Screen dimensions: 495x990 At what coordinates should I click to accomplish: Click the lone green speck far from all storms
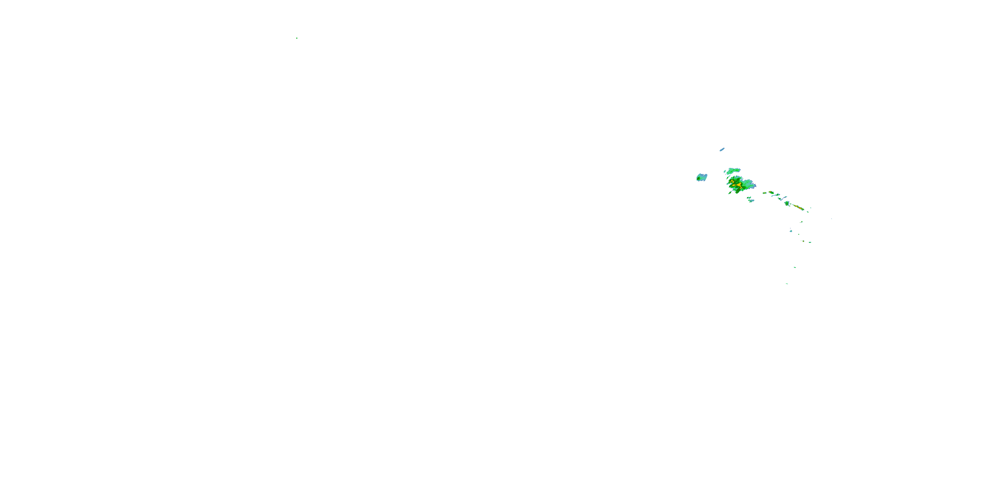coord(297,38)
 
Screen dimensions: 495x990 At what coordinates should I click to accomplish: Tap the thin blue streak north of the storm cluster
coord(722,149)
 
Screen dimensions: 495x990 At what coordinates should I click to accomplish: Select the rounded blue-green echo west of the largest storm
coord(702,177)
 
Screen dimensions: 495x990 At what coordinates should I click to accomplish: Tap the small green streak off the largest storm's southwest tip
coord(730,193)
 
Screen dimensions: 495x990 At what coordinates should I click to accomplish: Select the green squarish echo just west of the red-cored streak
coord(787,203)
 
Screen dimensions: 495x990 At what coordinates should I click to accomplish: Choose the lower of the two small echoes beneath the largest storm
coord(751,201)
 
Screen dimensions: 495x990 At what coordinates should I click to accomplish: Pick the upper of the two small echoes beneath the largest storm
coord(749,198)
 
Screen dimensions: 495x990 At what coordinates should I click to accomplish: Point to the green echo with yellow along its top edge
coord(771,192)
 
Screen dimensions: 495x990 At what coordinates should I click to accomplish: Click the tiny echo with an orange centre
coord(804,241)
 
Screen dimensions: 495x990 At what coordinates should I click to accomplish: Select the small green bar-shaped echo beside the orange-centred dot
coord(810,242)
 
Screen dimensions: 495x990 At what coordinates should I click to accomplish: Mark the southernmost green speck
coord(787,283)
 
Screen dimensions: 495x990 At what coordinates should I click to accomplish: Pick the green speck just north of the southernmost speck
coord(795,268)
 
